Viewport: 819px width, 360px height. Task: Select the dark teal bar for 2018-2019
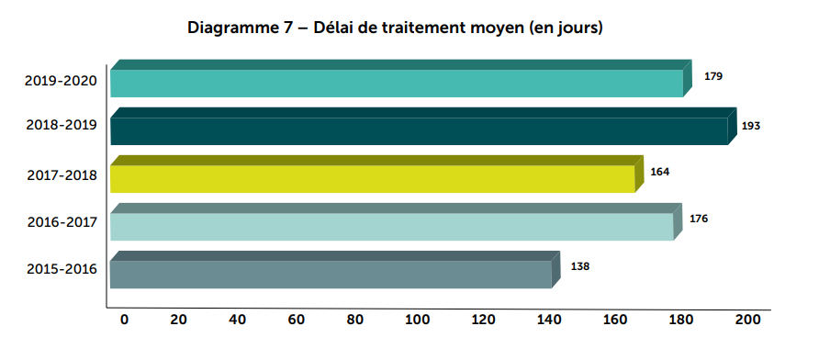pyautogui.click(x=419, y=130)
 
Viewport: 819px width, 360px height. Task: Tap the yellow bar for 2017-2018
pyautogui.click(x=372, y=178)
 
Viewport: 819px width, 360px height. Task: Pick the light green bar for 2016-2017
pyautogui.click(x=391, y=226)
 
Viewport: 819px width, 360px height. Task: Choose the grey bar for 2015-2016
pyautogui.click(x=331, y=274)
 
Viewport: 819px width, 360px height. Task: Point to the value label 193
pyautogui.click(x=751, y=125)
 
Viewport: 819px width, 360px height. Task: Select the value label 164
pyautogui.click(x=659, y=171)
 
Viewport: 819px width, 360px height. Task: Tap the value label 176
pyautogui.click(x=699, y=219)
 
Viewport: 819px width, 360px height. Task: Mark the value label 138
pyautogui.click(x=580, y=266)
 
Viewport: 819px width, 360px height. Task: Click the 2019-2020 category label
pyautogui.click(x=61, y=82)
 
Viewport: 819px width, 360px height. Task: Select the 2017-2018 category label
pyautogui.click(x=61, y=174)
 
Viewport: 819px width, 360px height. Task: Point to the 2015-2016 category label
pyautogui.click(x=61, y=269)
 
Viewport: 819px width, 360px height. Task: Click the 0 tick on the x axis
pyautogui.click(x=124, y=320)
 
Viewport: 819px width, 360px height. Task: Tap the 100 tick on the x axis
pyautogui.click(x=419, y=320)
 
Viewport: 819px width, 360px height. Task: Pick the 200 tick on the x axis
pyautogui.click(x=747, y=320)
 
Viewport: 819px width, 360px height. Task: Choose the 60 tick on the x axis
pyautogui.click(x=297, y=320)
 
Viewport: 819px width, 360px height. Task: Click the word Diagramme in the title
pyautogui.click(x=229, y=28)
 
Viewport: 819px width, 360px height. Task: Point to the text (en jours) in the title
pyautogui.click(x=560, y=28)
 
